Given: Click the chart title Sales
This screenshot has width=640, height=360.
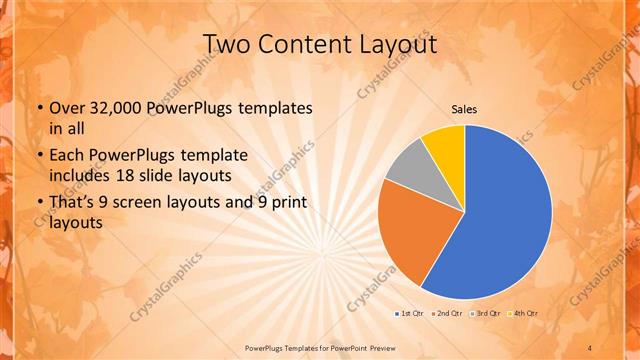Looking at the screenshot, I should coord(464,109).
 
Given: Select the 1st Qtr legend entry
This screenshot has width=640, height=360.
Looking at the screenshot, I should coord(409,314).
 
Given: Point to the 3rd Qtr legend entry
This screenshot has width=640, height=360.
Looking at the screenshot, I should coord(484,314).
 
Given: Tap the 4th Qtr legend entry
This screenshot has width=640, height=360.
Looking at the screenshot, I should coord(522,314).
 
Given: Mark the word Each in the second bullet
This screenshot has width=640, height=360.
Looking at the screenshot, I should coord(67,155).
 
